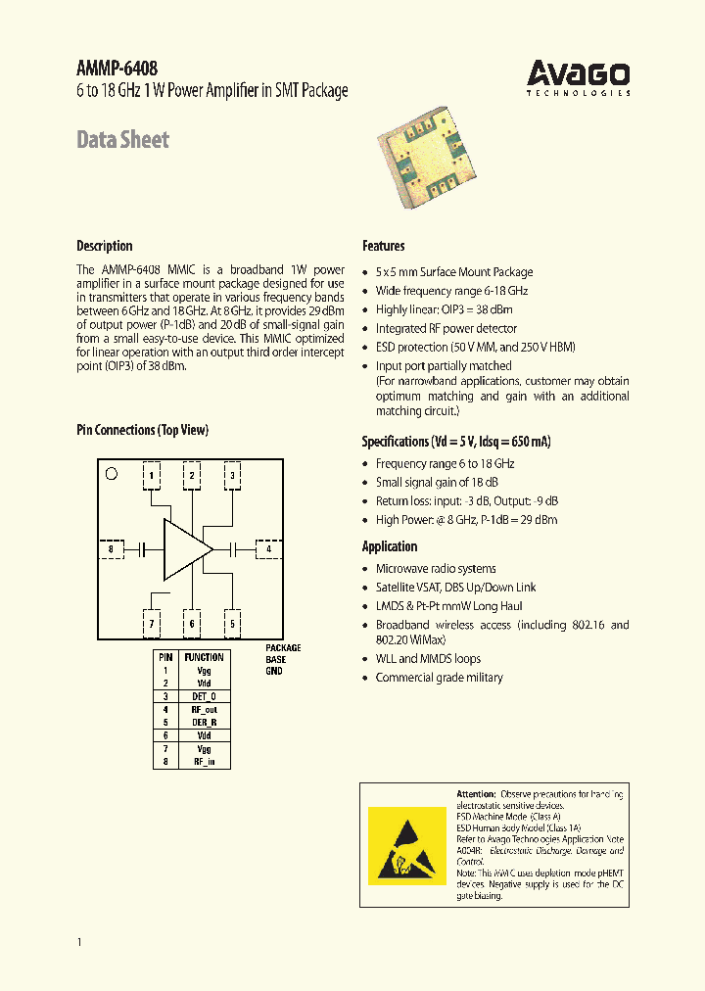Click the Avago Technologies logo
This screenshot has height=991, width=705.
pos(579,76)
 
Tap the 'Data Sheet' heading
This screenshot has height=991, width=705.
pos(123,140)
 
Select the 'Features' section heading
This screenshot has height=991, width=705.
pos(383,246)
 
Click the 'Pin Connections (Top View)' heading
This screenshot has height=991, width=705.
pos(142,430)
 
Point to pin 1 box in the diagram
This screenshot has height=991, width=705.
pos(152,476)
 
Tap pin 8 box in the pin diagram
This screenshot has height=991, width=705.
pos(112,549)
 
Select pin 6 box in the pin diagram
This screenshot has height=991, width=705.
pos(192,623)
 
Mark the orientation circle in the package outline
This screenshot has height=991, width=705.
pos(111,474)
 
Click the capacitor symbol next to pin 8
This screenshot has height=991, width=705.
pos(143,549)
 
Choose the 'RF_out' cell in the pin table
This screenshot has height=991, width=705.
pos(204,709)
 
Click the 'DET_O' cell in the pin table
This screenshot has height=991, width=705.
pos(204,696)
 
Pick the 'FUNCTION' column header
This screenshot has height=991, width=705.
pos(204,657)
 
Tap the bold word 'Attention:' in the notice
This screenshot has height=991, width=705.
pos(477,793)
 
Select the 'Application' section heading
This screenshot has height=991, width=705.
pos(390,546)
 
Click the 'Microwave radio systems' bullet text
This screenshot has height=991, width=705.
pos(436,569)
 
